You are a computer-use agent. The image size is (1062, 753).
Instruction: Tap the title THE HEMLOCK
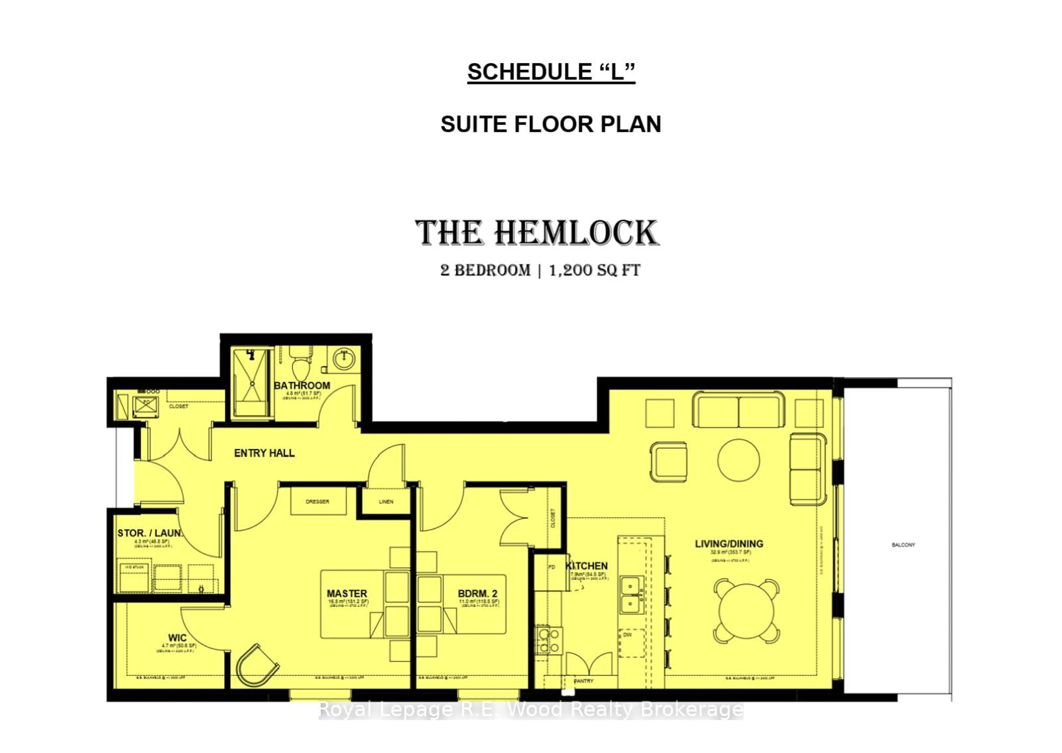[x=537, y=233]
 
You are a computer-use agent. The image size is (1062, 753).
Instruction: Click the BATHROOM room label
[x=302, y=385]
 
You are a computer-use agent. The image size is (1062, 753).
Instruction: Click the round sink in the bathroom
[x=344, y=359]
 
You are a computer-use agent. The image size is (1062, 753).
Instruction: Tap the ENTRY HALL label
[x=264, y=453]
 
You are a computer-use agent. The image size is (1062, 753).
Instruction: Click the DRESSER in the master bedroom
[x=318, y=502]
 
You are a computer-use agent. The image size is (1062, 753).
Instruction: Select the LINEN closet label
[x=386, y=502]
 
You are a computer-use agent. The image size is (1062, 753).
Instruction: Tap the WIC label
[x=177, y=638]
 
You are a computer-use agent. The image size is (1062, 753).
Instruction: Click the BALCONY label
[x=903, y=545]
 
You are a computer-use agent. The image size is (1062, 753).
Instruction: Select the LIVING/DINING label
[x=729, y=543]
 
